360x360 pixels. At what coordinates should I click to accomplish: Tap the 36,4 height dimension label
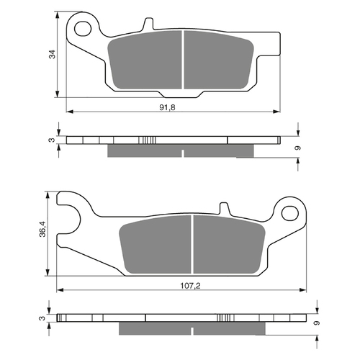tap(42, 230)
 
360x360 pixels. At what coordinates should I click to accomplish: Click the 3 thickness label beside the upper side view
tap(51, 141)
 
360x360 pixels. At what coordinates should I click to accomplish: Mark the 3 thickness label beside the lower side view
tap(42, 318)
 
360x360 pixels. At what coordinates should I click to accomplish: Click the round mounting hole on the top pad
tap(85, 29)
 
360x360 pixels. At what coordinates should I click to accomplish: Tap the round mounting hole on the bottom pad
tap(289, 212)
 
